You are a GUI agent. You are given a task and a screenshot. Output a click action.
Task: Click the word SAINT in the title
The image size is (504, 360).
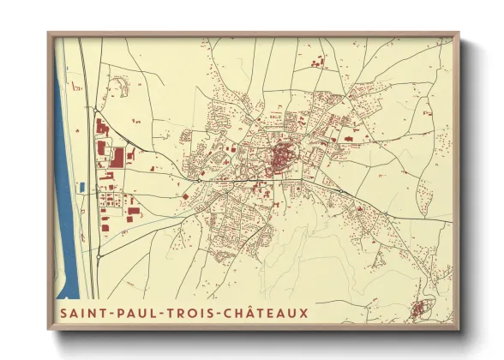click(82, 314)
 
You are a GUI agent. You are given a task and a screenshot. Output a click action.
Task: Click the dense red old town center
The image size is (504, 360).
click(281, 158)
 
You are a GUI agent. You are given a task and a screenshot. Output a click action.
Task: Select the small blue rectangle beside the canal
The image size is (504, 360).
click(81, 186)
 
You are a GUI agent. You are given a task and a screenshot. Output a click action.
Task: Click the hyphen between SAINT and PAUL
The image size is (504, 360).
click(112, 315)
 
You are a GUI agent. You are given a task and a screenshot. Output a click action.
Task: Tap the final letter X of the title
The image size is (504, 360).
click(304, 314)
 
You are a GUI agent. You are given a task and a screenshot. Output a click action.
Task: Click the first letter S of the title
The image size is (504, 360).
click(63, 314)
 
